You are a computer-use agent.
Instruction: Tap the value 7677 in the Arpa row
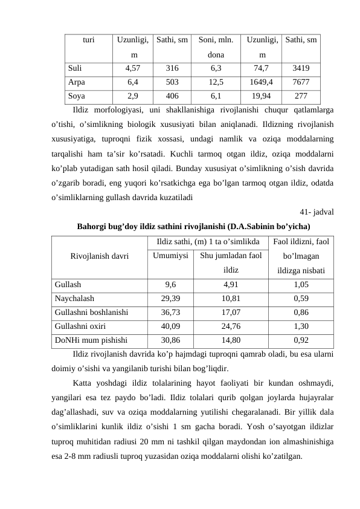[300, 81]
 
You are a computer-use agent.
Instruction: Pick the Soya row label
[77, 95]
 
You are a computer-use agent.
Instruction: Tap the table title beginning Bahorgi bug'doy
[194, 227]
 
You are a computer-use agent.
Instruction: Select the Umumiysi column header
[170, 255]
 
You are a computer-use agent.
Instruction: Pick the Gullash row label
[68, 284]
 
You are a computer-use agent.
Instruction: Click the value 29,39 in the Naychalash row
[170, 297]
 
